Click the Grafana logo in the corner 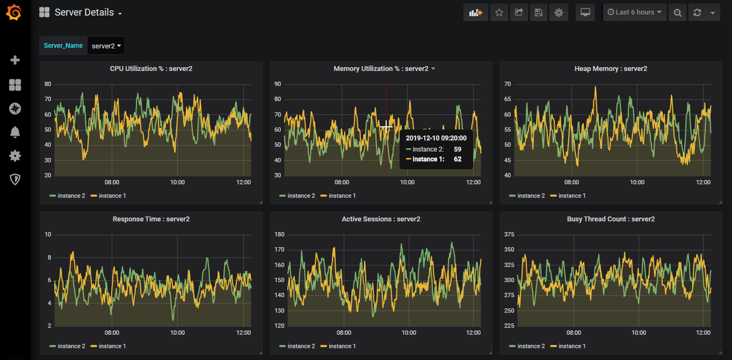pos(14,12)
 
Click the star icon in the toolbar pos(499,12)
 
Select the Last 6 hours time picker pos(634,12)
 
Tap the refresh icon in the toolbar pos(697,12)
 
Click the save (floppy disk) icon pos(539,12)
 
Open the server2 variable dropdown pos(106,46)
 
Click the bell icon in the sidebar pos(15,132)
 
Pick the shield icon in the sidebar pos(15,179)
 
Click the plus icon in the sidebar pos(15,60)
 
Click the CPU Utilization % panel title pos(151,69)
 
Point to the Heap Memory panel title pos(611,69)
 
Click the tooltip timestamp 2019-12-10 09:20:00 pos(436,138)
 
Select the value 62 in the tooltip pos(457,159)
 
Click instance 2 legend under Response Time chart pos(67,346)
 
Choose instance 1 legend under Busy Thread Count pos(568,346)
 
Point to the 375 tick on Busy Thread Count pos(509,234)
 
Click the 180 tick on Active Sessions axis pos(279,234)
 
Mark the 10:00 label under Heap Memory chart pos(637,182)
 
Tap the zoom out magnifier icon pos(678,12)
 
